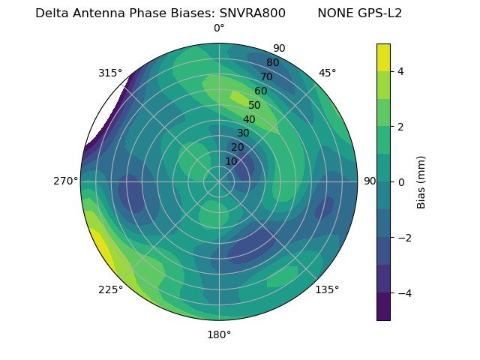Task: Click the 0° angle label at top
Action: [219, 28]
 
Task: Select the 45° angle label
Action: [327, 73]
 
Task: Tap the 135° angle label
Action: [327, 289]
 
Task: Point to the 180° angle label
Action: [219, 334]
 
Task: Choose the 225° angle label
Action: [110, 289]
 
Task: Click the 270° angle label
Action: [65, 181]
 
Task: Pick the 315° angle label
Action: [110, 73]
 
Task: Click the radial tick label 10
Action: [231, 161]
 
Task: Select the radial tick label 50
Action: [255, 106]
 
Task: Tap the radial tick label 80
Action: [273, 63]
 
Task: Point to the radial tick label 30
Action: [243, 133]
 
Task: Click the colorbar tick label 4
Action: [401, 71]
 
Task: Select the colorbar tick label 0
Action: [401, 181]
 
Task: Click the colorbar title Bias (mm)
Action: [421, 181]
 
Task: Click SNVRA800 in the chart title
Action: [252, 13]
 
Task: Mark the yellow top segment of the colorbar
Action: [383, 58]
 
